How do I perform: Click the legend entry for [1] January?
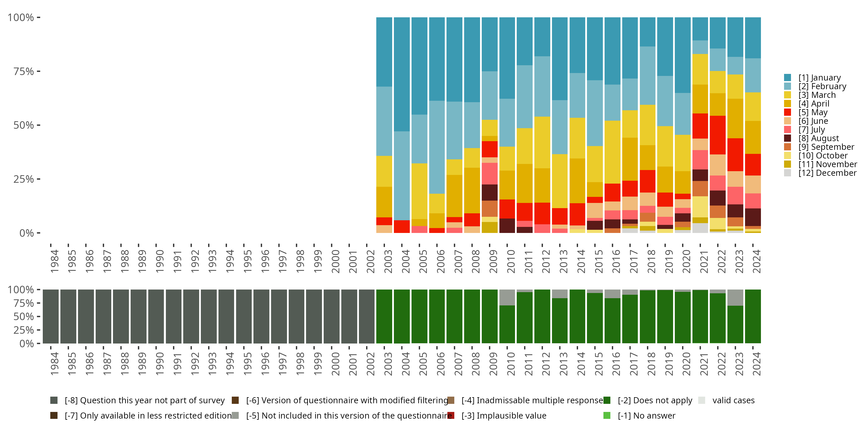click(819, 78)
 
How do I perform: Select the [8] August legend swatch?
click(788, 138)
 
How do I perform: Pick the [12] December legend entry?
click(827, 173)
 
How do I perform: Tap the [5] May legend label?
click(813, 112)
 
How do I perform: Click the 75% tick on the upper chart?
click(24, 71)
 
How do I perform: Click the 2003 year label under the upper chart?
click(388, 261)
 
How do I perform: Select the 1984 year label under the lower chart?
click(54, 364)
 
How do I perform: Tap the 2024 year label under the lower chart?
click(756, 364)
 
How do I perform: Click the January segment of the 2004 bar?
click(402, 74)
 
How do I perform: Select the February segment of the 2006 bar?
click(437, 147)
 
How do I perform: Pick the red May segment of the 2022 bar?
click(718, 135)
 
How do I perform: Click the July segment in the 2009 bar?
click(489, 173)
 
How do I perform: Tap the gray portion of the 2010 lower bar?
click(507, 297)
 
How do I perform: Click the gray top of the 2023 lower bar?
click(735, 297)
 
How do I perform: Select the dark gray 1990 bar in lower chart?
click(156, 316)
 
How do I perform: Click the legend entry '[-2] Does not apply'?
click(655, 400)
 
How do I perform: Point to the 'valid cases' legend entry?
click(733, 400)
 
